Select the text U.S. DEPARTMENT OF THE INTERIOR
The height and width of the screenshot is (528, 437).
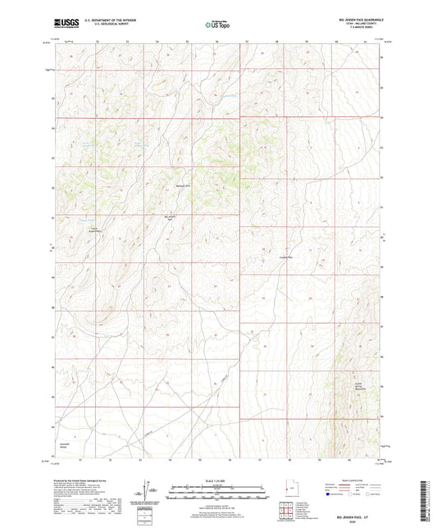click(x=105, y=20)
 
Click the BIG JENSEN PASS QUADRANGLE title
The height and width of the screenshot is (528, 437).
click(x=359, y=18)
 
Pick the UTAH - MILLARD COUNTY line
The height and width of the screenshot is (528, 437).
click(x=359, y=23)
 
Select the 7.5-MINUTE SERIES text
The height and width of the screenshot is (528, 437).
click(x=359, y=28)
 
